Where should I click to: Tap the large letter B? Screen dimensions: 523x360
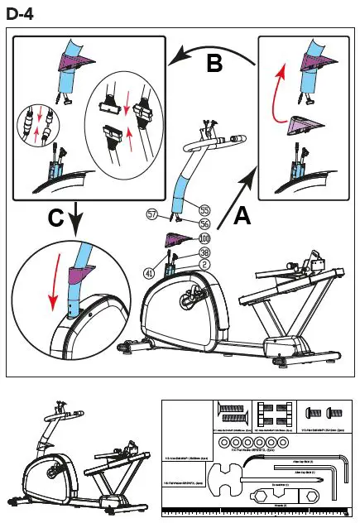click(x=214, y=63)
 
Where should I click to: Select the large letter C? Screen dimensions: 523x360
click(x=56, y=218)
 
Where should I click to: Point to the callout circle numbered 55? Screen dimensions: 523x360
click(x=204, y=210)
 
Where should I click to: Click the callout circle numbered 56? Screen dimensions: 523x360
click(x=204, y=223)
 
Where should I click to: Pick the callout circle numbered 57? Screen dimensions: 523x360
click(x=151, y=214)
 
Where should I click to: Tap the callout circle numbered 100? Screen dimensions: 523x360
click(x=204, y=238)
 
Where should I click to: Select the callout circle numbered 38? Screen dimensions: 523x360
click(x=204, y=252)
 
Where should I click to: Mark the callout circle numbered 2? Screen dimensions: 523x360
click(x=204, y=265)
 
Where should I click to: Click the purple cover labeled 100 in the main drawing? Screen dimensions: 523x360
click(x=177, y=240)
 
